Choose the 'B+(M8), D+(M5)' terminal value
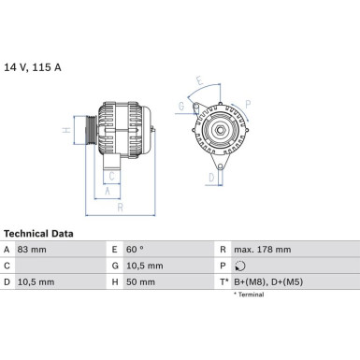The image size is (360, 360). tap(268, 281)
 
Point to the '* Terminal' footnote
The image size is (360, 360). tap(248, 295)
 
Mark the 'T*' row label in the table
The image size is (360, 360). tap(224, 281)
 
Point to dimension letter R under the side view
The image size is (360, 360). tap(121, 208)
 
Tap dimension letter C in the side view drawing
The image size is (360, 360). tap(111, 175)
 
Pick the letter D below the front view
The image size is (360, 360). tap(211, 176)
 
